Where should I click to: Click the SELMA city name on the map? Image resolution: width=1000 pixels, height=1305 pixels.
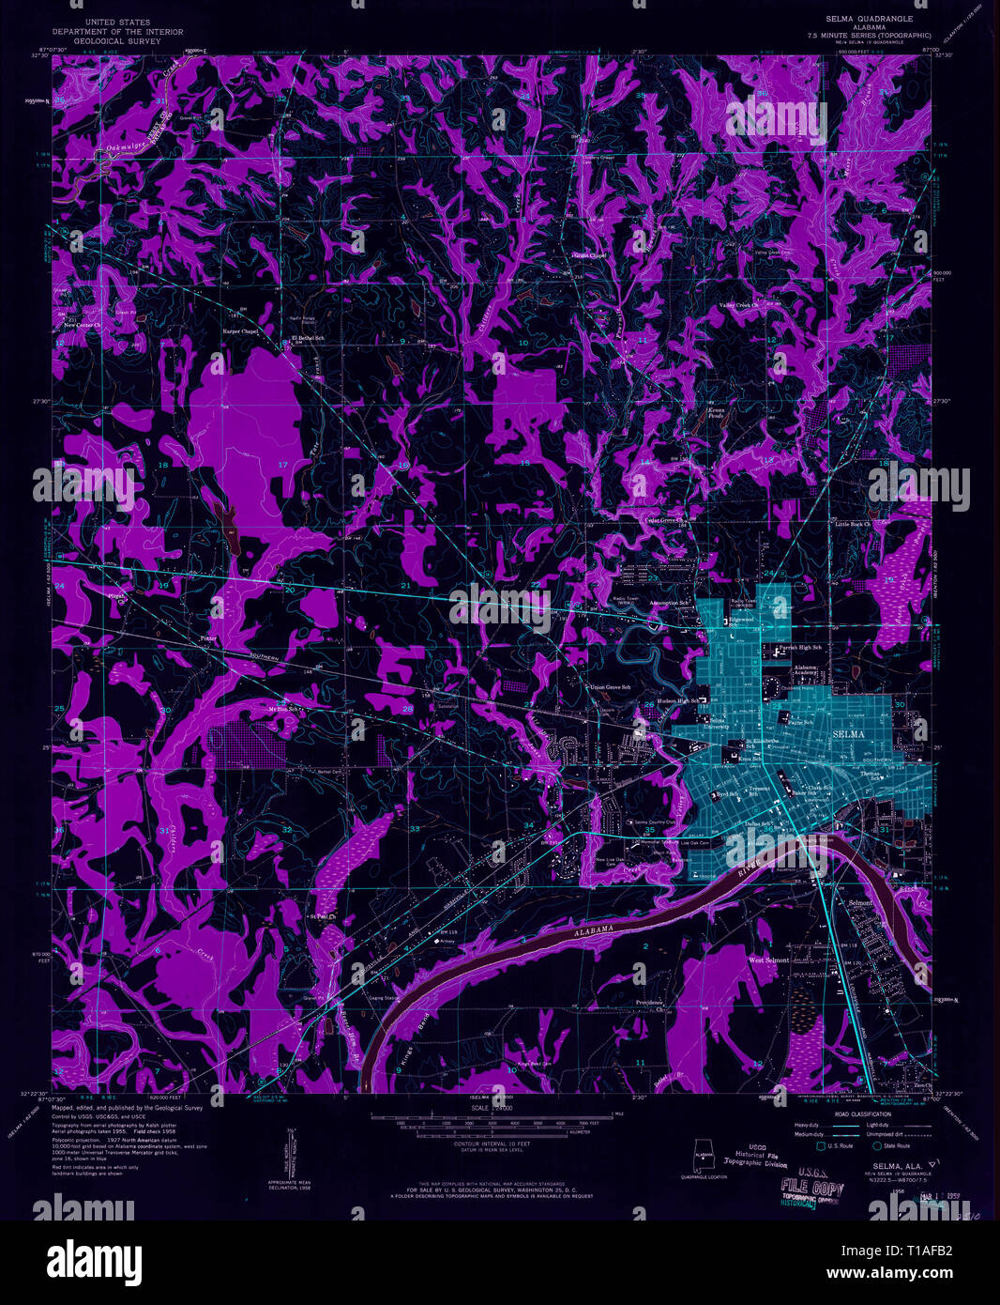point(850,733)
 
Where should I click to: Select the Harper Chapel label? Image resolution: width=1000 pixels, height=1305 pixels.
point(239,331)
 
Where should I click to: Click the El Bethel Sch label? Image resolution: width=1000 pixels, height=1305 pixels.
point(307,337)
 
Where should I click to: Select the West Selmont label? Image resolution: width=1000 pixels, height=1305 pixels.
point(768,960)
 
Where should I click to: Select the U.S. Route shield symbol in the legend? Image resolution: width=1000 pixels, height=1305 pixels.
point(822,1145)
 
